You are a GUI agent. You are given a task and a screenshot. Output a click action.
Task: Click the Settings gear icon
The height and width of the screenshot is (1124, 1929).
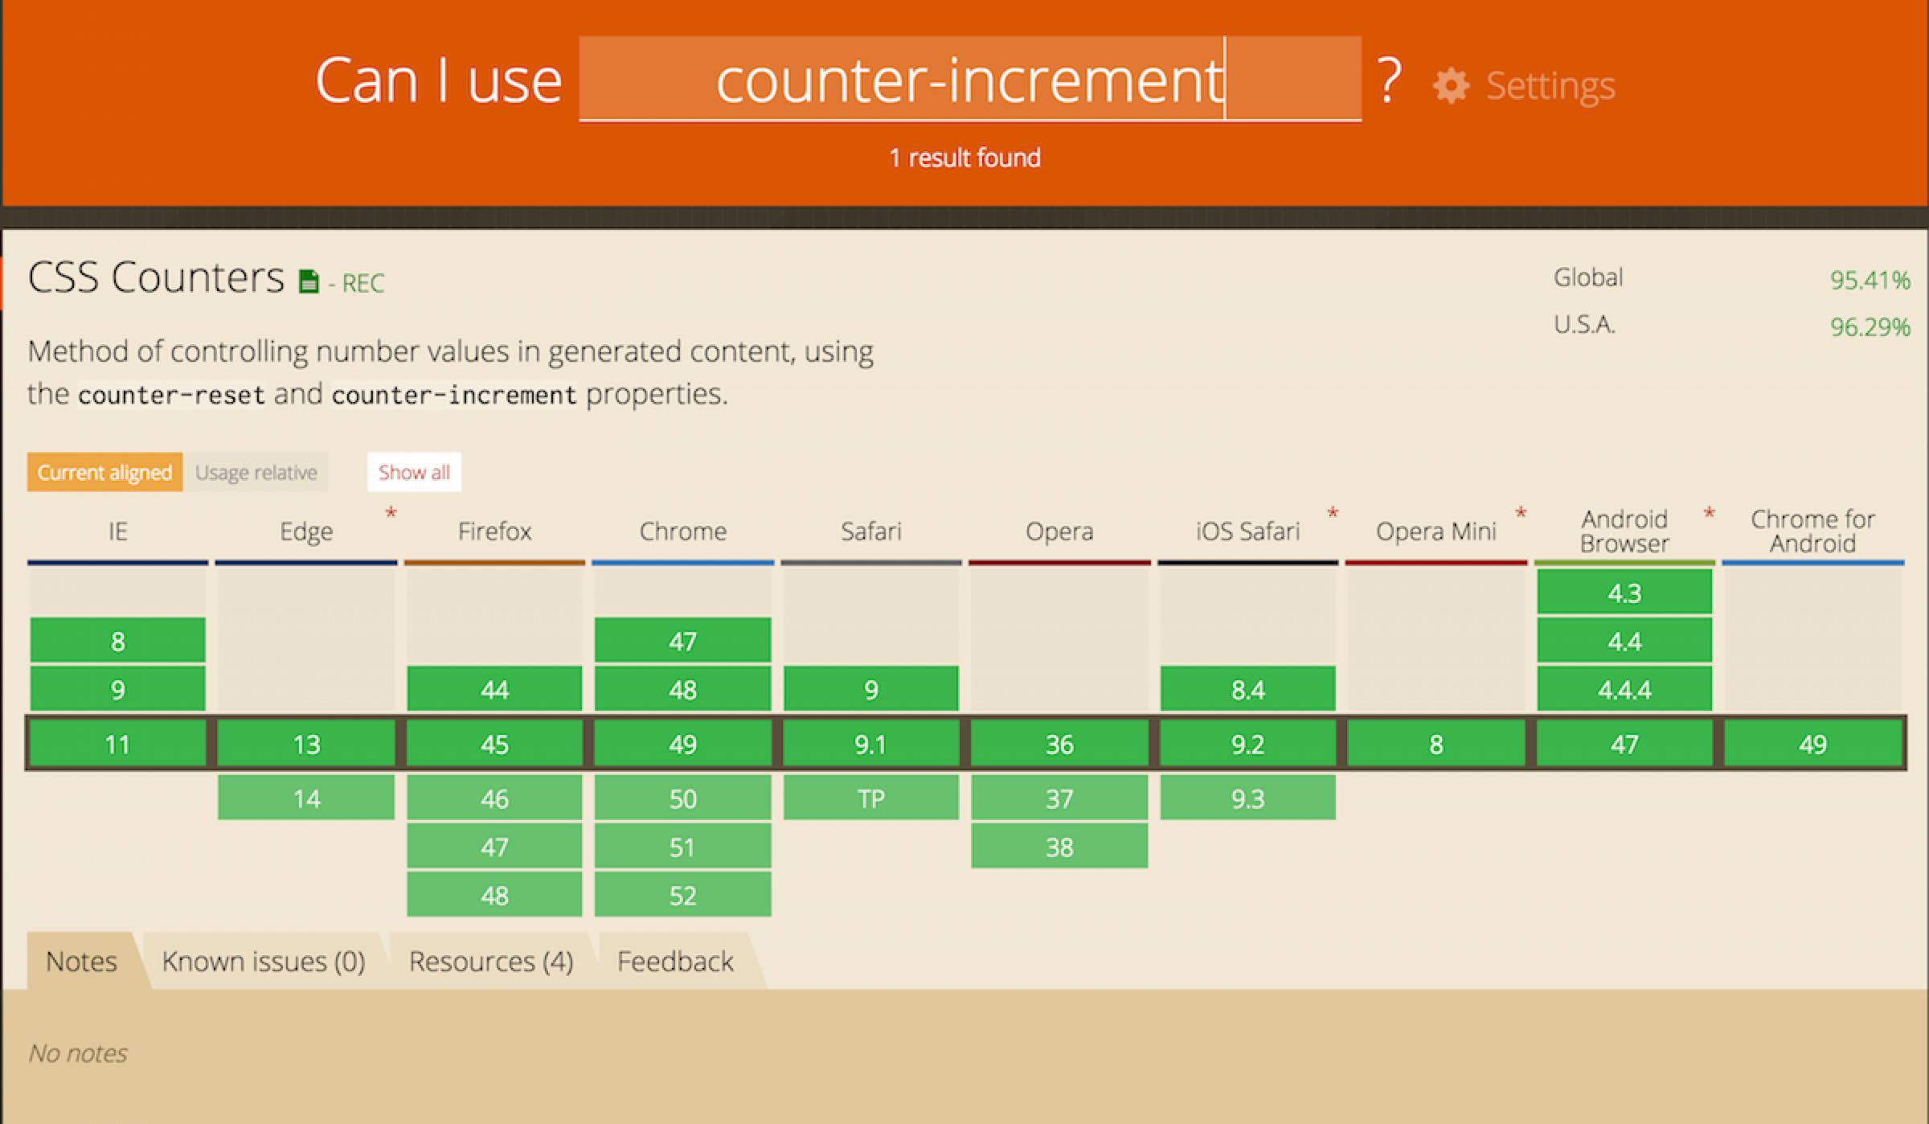pyautogui.click(x=1451, y=86)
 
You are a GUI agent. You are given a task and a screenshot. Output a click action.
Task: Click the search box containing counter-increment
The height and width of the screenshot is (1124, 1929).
pyautogui.click(x=970, y=79)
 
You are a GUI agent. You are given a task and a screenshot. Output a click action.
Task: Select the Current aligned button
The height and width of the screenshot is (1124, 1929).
pyautogui.click(x=104, y=472)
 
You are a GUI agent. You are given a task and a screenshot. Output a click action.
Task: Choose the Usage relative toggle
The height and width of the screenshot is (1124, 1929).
pyautogui.click(x=256, y=472)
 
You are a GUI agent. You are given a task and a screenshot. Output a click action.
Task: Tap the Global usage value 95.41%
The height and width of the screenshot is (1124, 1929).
pyautogui.click(x=1870, y=280)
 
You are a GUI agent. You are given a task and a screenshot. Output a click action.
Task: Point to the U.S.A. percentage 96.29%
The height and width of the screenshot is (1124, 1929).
pyautogui.click(x=1870, y=326)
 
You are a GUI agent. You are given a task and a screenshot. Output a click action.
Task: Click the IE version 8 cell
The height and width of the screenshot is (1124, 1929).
pyautogui.click(x=118, y=641)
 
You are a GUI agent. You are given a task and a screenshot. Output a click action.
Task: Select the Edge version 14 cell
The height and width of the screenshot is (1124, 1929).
pyautogui.click(x=306, y=798)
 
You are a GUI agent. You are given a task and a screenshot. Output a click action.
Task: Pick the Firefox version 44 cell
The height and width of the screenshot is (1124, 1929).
pyautogui.click(x=494, y=689)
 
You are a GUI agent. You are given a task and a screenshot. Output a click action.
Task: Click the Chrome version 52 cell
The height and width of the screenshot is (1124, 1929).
pyautogui.click(x=682, y=895)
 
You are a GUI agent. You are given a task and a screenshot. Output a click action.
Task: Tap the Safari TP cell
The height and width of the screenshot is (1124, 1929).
pyautogui.click(x=871, y=798)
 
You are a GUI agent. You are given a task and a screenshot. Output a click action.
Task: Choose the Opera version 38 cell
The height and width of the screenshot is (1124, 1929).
pyautogui.click(x=1059, y=847)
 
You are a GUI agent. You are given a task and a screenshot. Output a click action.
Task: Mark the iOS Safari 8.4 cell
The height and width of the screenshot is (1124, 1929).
pyautogui.click(x=1247, y=689)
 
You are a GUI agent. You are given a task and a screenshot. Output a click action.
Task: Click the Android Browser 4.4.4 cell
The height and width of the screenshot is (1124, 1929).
pyautogui.click(x=1624, y=689)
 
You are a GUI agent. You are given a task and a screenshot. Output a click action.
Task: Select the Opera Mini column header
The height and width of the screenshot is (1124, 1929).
pyautogui.click(x=1436, y=531)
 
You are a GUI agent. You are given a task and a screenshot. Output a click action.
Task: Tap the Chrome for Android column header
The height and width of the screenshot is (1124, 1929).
pyautogui.click(x=1812, y=531)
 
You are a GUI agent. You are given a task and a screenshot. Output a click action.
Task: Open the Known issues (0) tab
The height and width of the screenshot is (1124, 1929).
pyautogui.click(x=264, y=961)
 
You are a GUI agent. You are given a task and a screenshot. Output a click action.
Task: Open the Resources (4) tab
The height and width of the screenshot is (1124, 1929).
pyautogui.click(x=491, y=961)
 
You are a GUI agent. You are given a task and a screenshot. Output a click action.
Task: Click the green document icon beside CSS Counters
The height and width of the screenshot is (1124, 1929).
pyautogui.click(x=309, y=281)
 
